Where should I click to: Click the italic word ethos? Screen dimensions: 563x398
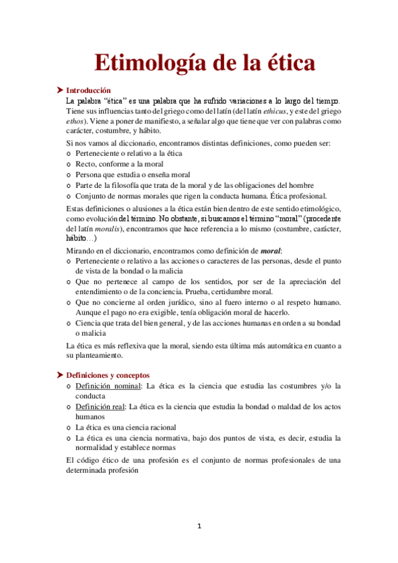click(76, 122)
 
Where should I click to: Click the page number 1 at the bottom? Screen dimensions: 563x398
click(199, 526)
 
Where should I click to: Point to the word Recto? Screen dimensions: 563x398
click(87, 164)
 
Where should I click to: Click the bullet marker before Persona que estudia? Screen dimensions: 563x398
click(70, 175)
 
